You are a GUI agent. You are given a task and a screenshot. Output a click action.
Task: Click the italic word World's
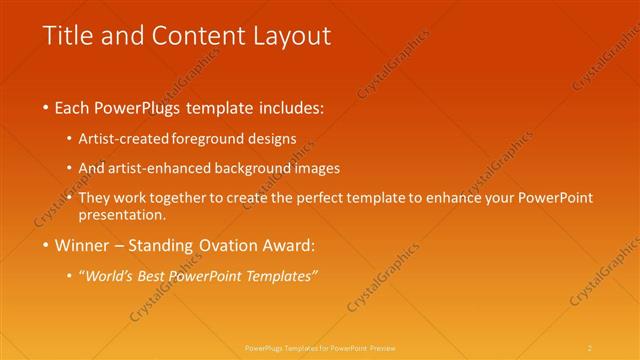click(108, 275)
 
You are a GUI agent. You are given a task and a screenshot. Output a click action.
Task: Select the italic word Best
click(151, 275)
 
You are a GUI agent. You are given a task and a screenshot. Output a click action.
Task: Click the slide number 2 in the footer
click(590, 347)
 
